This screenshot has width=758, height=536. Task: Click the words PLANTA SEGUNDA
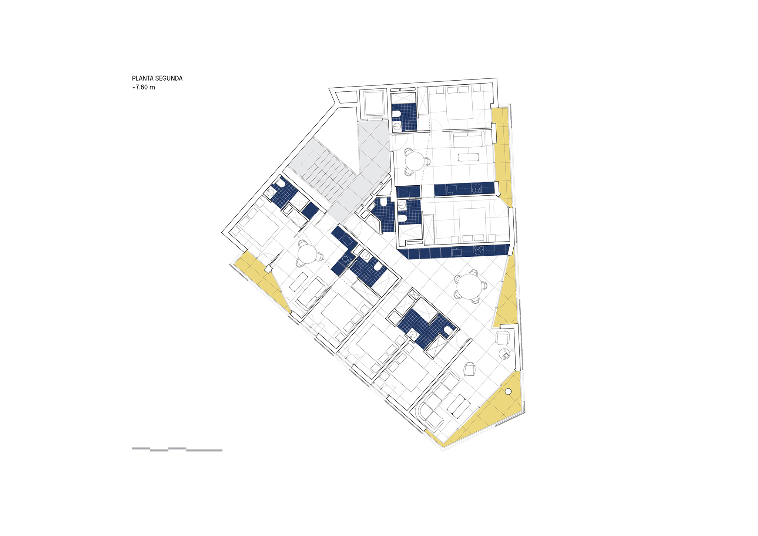157,78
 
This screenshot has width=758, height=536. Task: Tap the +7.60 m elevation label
144,87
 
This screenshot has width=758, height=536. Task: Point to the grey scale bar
177,449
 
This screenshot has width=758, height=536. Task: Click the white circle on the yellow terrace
508,391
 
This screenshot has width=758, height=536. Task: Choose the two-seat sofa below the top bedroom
468,139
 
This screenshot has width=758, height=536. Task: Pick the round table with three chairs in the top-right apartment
415,161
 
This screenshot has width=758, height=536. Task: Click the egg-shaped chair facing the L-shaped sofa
470,368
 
